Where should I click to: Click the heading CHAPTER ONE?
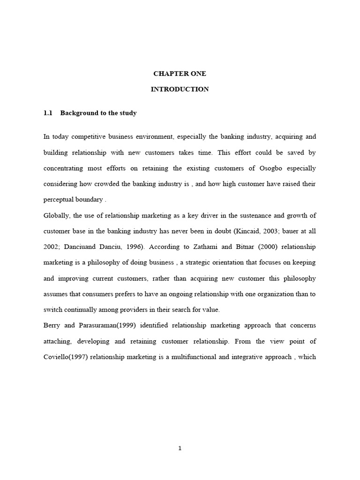tap(180, 74)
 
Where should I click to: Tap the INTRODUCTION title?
tap(180, 89)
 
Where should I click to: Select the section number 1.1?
tap(48, 113)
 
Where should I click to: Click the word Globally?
tap(58, 215)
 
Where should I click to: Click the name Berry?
tap(52, 325)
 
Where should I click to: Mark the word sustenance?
tap(261, 215)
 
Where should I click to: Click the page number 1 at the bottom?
tap(180, 448)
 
